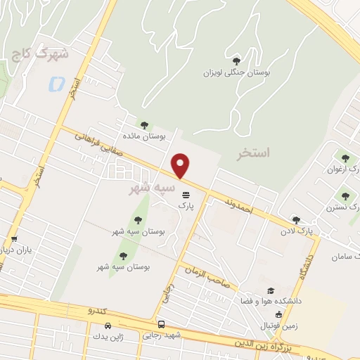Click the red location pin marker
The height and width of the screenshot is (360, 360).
coord(181,166)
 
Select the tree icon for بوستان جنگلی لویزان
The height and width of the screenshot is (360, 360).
coord(236,61)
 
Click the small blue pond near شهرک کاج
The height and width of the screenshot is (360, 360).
coord(54,85)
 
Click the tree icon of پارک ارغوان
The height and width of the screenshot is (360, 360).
coord(345,157)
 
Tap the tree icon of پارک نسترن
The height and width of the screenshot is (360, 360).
coord(345,196)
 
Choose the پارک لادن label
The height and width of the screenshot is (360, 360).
coord(295,230)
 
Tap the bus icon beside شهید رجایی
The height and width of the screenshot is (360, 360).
coord(162,325)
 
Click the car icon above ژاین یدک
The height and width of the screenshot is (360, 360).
coord(107,326)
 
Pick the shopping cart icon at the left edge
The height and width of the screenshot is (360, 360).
coord(13,239)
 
